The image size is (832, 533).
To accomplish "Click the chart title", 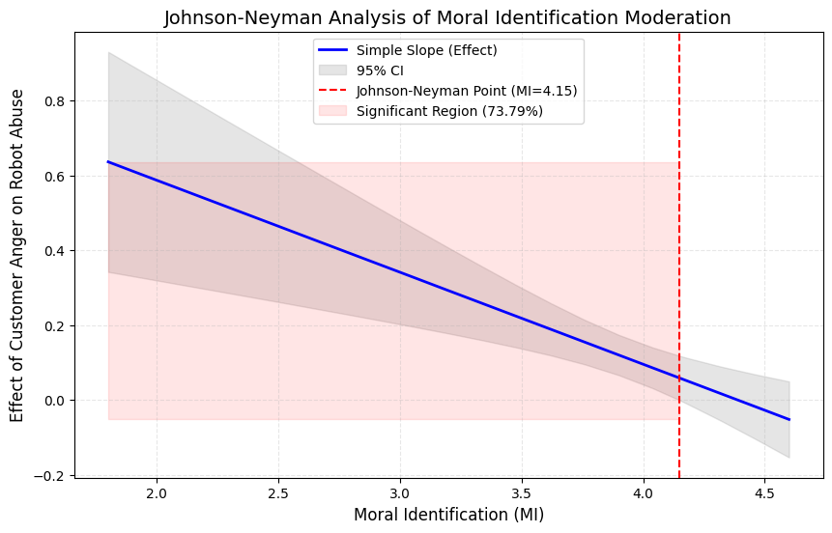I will [x=447, y=17].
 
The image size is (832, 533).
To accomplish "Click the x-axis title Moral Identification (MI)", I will [x=448, y=515].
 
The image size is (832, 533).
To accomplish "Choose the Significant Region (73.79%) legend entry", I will [x=449, y=111].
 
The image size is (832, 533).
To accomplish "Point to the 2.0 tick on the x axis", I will [x=157, y=492].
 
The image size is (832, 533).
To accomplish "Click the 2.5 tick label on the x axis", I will [x=278, y=492].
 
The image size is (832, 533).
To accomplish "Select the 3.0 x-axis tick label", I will [x=400, y=492].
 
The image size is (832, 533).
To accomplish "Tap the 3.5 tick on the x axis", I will [x=522, y=492].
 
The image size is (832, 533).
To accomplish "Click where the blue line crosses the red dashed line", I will [x=679, y=379].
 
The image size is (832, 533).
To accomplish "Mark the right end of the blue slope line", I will [x=789, y=419].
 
